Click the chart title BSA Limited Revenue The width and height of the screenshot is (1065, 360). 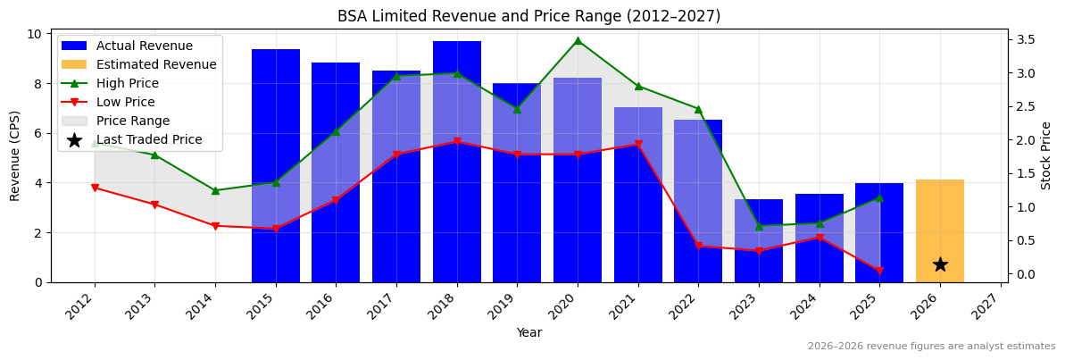pos(528,16)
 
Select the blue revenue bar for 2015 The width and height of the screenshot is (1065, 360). pos(275,165)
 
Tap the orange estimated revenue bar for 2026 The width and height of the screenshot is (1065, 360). pos(939,230)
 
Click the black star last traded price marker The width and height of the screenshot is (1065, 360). pos(939,264)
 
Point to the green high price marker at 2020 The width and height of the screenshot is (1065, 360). pos(578,40)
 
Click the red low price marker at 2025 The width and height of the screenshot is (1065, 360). pos(879,271)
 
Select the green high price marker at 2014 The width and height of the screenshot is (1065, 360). pos(215,190)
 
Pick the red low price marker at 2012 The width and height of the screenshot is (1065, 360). pos(95,188)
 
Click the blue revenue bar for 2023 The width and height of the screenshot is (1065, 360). pos(759,240)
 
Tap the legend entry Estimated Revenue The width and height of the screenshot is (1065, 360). pos(156,64)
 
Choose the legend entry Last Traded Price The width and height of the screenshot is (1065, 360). pos(149,139)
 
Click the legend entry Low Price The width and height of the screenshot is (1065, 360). pos(125,102)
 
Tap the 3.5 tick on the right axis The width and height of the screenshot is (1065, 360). pos(1026,39)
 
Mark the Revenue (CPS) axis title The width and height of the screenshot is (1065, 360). pos(15,155)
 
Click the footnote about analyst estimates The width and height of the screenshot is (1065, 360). pos(931,346)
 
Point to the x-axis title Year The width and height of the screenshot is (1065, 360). pos(528,332)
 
